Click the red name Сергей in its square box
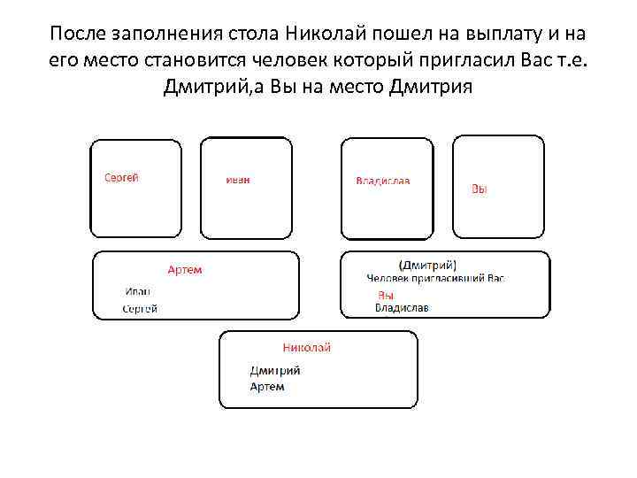121,177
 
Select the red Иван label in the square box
238,180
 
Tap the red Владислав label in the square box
382,181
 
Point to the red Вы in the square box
479,189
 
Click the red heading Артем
185,269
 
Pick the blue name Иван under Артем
138,291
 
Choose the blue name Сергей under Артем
140,308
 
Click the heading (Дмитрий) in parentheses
427,264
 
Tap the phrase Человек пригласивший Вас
435,277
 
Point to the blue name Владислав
402,308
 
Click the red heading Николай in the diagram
306,348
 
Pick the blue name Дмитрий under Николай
275,371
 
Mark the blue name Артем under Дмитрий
267,387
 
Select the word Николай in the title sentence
327,35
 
